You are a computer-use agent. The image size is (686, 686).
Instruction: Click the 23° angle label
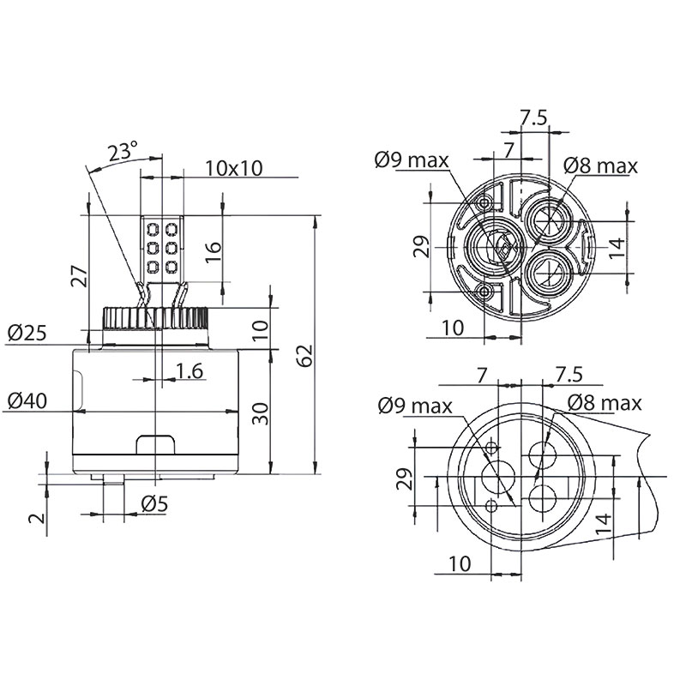tap(123, 152)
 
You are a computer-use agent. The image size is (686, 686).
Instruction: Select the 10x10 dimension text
tap(234, 168)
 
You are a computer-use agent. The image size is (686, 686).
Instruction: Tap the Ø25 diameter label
tap(27, 334)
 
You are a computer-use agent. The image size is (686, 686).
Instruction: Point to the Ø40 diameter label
tap(27, 400)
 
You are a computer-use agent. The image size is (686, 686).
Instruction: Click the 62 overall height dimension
tap(305, 355)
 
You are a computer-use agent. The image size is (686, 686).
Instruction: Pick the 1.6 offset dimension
tap(190, 371)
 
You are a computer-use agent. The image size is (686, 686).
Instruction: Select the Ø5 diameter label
tap(155, 504)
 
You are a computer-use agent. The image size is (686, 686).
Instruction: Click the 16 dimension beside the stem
tap(214, 252)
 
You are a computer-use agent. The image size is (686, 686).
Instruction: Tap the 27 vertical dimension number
tap(80, 275)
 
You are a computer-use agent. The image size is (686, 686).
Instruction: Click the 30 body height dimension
tap(261, 413)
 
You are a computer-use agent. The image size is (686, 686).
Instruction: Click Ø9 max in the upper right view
tap(412, 160)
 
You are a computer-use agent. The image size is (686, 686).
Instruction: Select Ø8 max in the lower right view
tap(605, 403)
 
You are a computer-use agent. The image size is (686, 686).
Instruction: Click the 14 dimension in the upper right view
tap(617, 248)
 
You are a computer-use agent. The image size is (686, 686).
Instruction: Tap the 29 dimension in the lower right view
tap(405, 478)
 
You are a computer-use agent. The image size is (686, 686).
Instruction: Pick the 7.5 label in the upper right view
tap(533, 117)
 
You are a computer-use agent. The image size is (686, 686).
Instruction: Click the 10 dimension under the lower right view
tap(460, 564)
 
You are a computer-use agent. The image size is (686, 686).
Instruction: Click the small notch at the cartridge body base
tap(156, 444)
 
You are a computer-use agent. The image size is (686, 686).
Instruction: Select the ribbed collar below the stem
tap(155, 318)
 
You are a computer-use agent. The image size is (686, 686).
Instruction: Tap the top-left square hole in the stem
tap(153, 229)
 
